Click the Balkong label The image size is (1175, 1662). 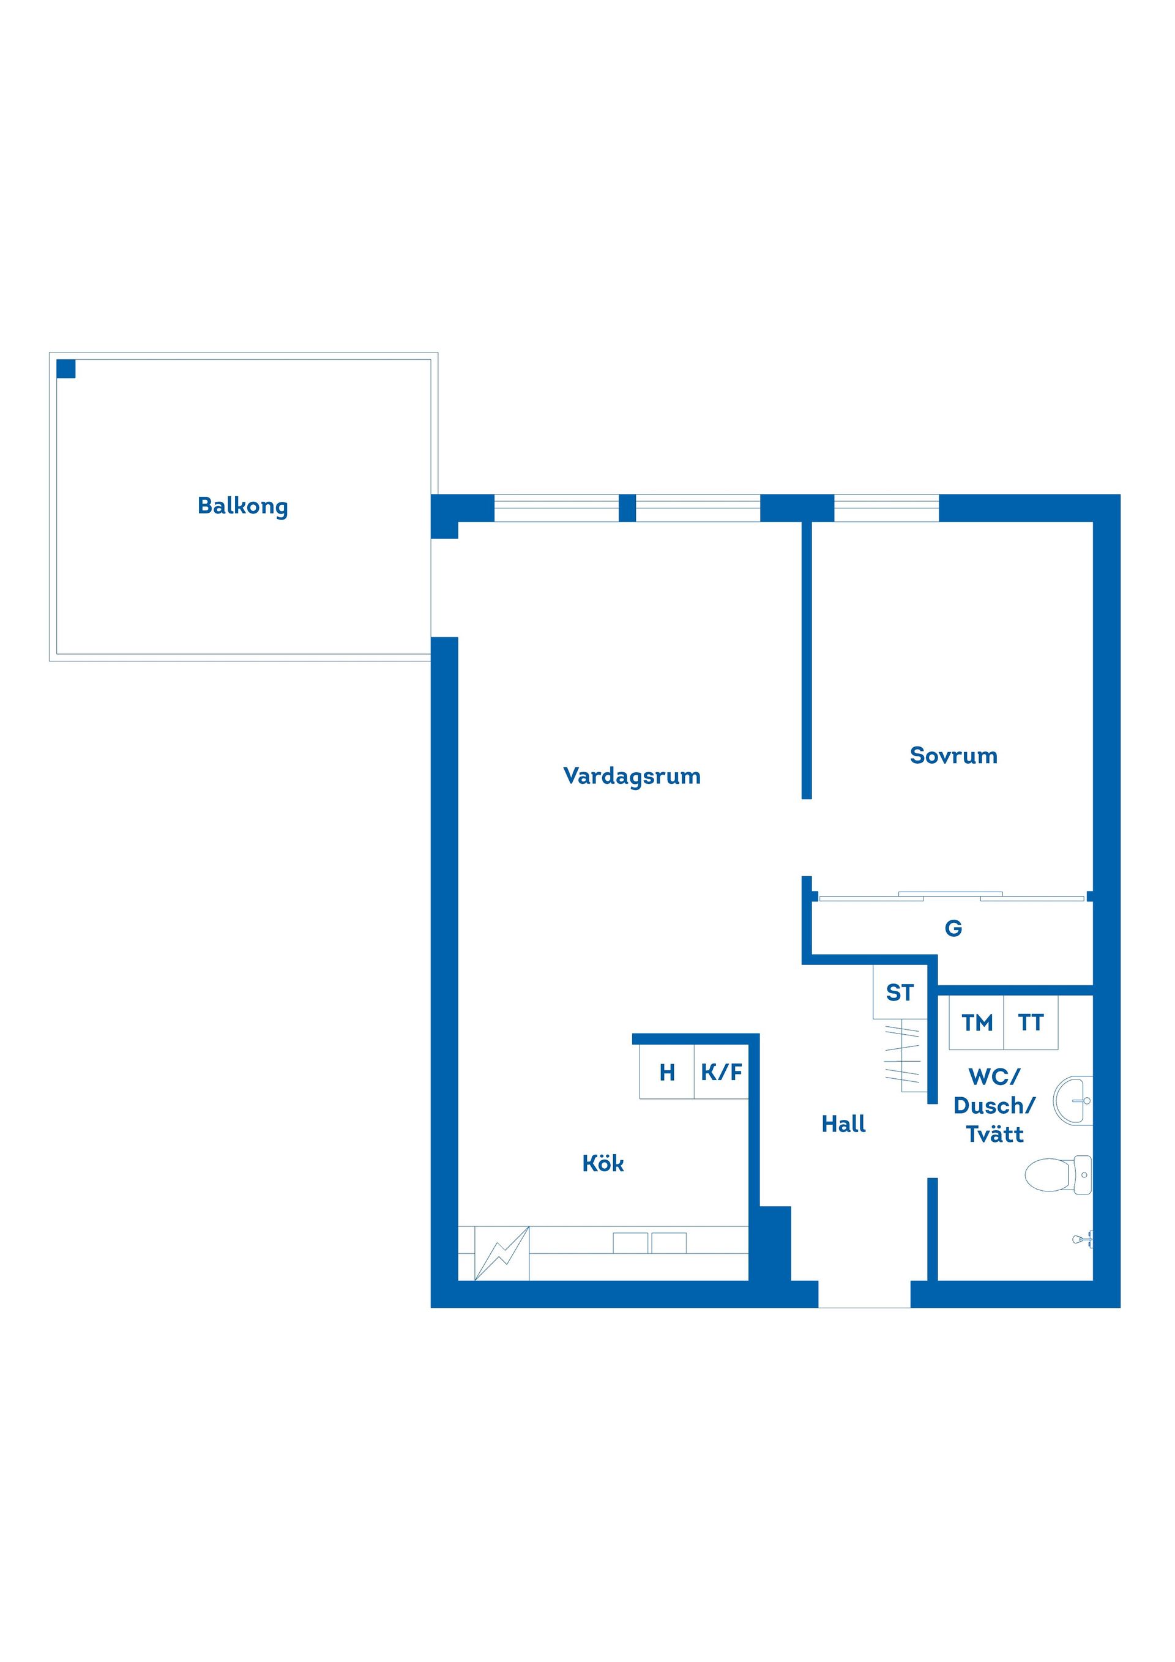coord(242,506)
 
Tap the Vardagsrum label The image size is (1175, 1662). coord(632,777)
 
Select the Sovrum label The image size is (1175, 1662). coord(953,756)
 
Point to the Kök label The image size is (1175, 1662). coord(603,1163)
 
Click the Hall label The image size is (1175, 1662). coord(843,1124)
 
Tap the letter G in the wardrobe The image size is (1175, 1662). coord(953,928)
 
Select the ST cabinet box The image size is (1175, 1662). coord(900,992)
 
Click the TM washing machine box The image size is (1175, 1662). coord(977,1023)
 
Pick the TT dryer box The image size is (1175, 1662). coord(1031,1023)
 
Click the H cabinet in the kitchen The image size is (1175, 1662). coord(667,1072)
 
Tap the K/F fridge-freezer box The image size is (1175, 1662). coord(721,1072)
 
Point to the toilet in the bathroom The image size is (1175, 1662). coord(1059,1174)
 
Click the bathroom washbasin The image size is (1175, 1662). coord(1073,1100)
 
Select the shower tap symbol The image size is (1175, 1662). coord(1083,1239)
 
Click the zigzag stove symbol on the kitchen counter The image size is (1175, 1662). coord(502,1253)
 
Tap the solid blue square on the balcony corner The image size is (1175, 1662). coord(66,368)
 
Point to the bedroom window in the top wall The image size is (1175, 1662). coord(887,508)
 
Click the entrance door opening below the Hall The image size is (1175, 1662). coord(864,1294)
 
